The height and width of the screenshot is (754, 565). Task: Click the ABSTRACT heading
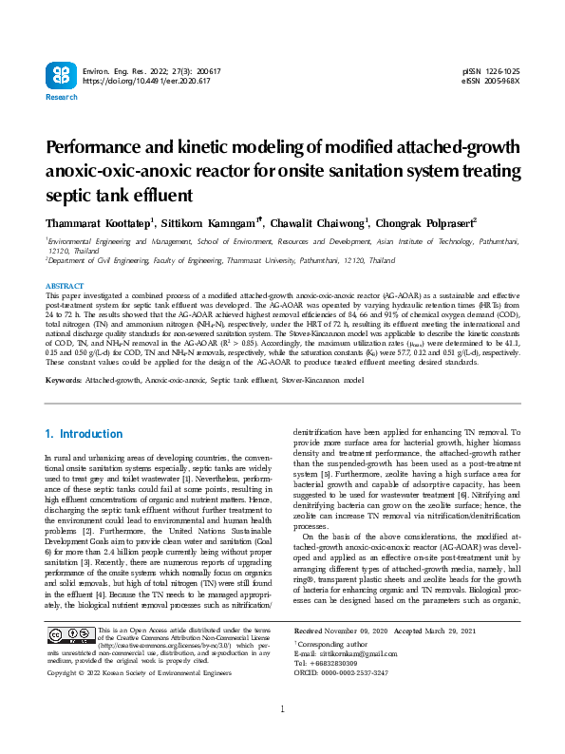pyautogui.click(x=65, y=286)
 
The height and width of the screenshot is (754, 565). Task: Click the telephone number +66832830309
pyautogui.click(x=344, y=663)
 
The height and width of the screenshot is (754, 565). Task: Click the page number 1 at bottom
pyautogui.click(x=282, y=736)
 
